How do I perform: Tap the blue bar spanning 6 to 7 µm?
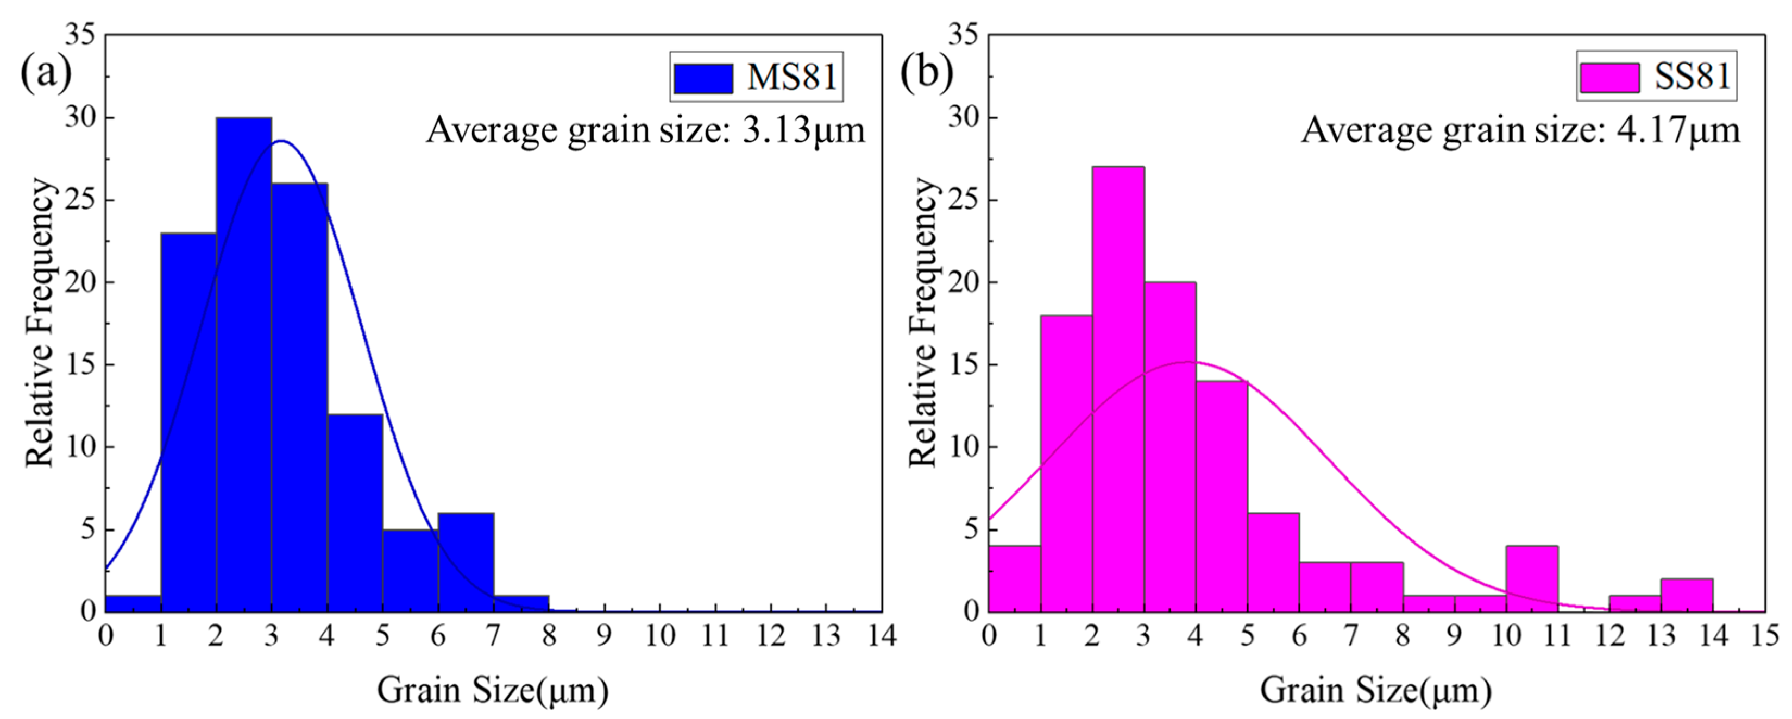click(x=466, y=563)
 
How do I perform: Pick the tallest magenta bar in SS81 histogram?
click(x=1118, y=389)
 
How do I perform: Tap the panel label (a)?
click(x=46, y=72)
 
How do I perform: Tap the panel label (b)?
click(x=927, y=72)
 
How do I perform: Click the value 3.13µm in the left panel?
click(x=803, y=130)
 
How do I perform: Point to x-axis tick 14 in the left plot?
click(x=882, y=635)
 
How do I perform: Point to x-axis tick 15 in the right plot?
click(x=1764, y=635)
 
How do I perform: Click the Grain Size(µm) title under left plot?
click(x=493, y=690)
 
